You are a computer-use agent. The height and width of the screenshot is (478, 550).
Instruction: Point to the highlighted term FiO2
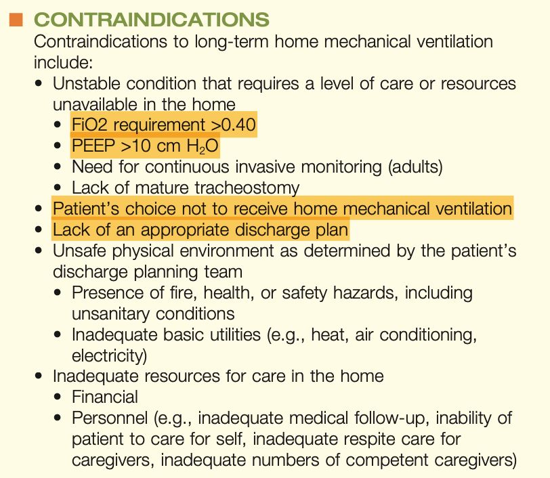[x=88, y=126]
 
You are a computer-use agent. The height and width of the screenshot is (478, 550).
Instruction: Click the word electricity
[x=108, y=355]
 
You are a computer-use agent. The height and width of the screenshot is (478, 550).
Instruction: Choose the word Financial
[x=104, y=396]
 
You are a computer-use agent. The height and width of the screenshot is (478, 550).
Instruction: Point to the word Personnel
[x=108, y=417]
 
